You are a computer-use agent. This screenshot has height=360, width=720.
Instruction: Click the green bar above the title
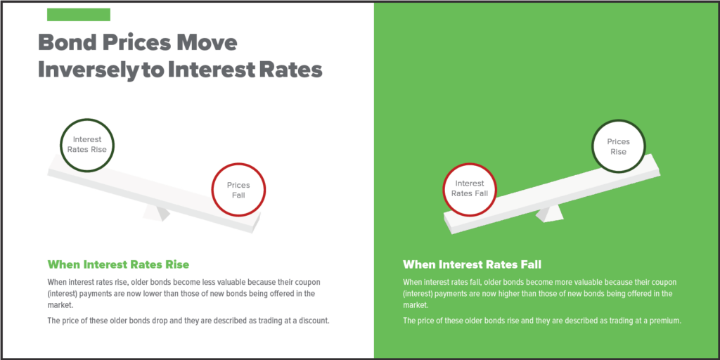pos(79,15)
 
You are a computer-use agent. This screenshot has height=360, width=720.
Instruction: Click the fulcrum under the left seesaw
pos(157,213)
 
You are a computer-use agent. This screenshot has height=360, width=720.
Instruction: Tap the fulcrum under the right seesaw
pos(549,214)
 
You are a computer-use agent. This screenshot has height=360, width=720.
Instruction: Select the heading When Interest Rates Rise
pos(118,265)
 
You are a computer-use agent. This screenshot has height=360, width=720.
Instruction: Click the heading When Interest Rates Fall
pos(472,265)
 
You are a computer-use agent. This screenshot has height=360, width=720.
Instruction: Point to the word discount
pos(313,321)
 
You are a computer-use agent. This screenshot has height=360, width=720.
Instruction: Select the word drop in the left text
pos(141,321)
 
